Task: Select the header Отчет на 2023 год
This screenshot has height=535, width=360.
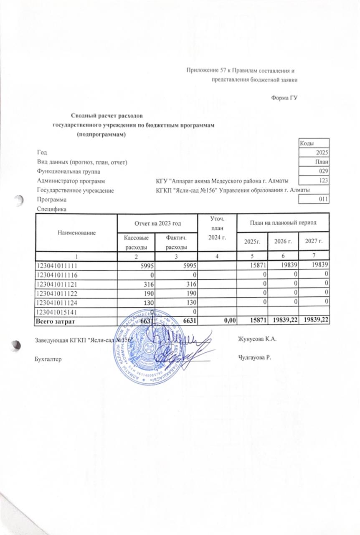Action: tap(157, 222)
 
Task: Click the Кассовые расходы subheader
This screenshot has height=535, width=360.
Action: tap(136, 242)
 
